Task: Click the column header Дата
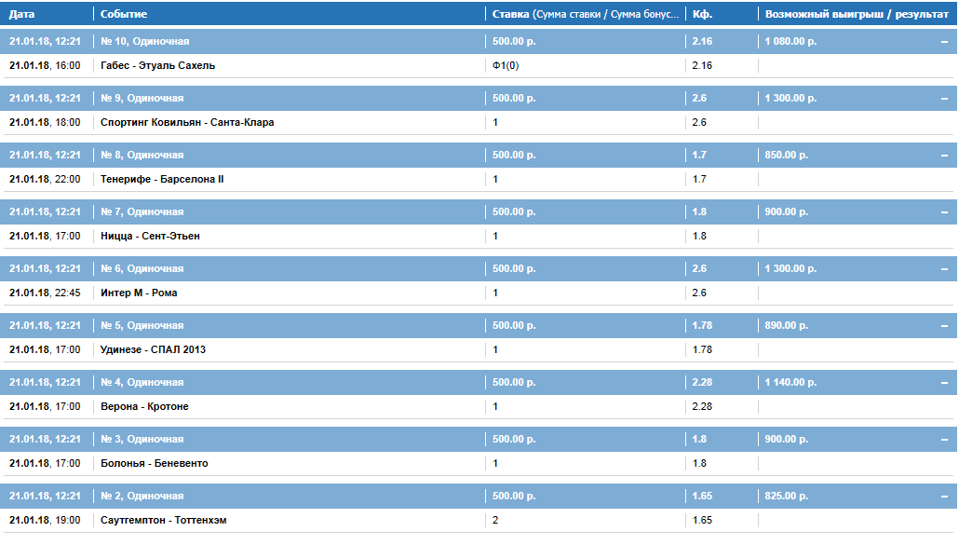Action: point(22,14)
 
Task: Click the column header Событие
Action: point(124,14)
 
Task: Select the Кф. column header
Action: point(702,14)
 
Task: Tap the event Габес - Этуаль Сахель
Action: point(157,65)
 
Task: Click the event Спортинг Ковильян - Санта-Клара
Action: point(187,122)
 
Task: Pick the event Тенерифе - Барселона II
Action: point(162,179)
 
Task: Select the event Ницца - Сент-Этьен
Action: point(150,236)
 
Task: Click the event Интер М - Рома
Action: point(139,293)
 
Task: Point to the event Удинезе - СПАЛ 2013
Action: point(153,350)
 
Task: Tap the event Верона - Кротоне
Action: point(144,407)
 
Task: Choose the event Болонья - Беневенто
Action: point(155,464)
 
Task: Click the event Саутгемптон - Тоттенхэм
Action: point(163,521)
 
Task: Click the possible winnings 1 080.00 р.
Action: point(790,42)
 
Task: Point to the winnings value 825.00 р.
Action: point(786,496)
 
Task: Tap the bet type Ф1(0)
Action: point(506,65)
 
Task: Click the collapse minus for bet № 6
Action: point(944,269)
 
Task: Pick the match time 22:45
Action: point(67,293)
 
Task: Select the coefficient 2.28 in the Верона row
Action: point(702,407)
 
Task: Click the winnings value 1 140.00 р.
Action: point(790,382)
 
